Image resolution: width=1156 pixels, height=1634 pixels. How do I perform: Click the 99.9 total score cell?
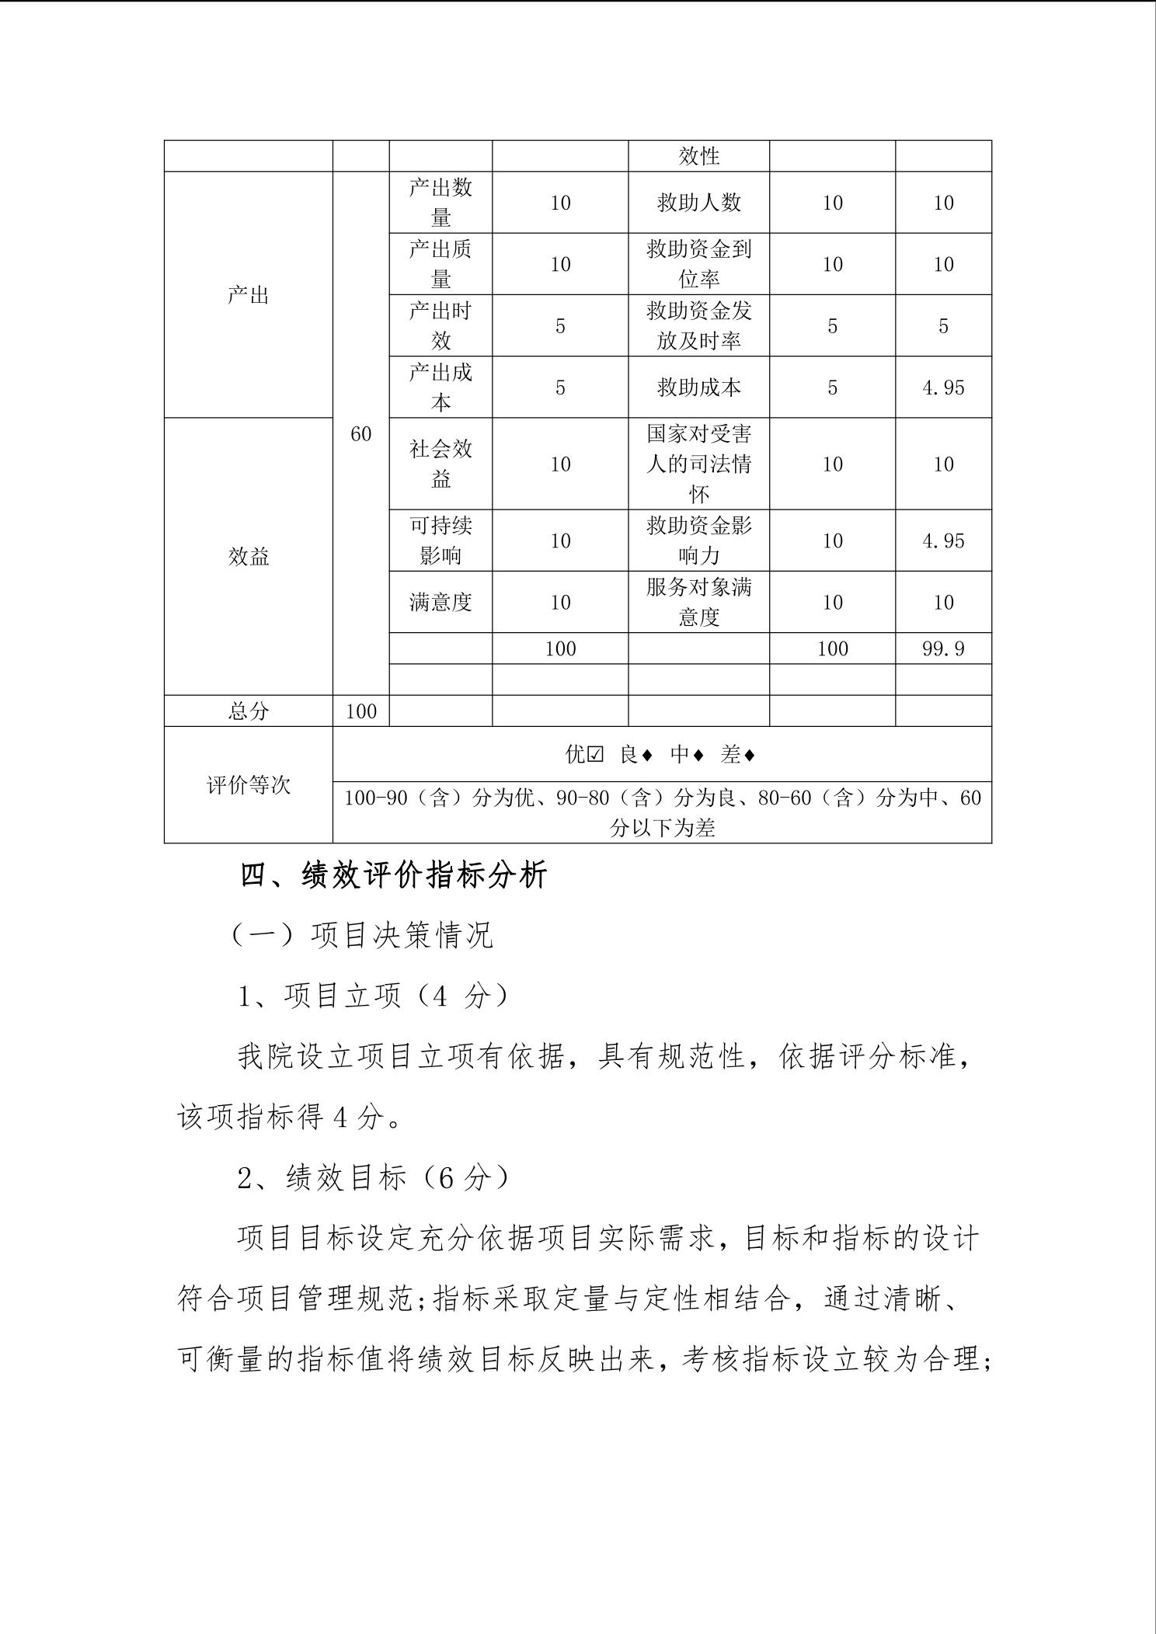click(943, 648)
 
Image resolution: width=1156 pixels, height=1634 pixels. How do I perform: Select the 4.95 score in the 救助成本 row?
click(943, 388)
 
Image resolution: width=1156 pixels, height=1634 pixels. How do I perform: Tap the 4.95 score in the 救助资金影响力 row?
click(943, 541)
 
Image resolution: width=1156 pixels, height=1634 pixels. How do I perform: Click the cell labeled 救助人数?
click(698, 203)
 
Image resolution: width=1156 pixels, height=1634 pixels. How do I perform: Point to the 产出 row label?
click(248, 295)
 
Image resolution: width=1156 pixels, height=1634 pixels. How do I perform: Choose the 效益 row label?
click(248, 557)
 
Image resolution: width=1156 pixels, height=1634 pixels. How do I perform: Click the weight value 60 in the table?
click(360, 434)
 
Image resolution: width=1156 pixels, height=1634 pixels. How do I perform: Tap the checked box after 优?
click(596, 755)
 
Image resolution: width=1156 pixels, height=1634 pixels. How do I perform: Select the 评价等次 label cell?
click(248, 785)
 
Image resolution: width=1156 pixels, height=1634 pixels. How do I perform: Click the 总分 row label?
click(248, 711)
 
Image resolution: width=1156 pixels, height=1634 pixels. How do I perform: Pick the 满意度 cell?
click(440, 603)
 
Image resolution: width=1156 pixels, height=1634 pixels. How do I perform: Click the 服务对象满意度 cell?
click(698, 603)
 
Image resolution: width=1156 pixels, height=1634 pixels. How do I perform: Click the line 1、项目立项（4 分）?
click(373, 996)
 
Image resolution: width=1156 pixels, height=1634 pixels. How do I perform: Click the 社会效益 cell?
click(440, 464)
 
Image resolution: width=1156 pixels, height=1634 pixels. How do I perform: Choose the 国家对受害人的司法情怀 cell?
click(698, 464)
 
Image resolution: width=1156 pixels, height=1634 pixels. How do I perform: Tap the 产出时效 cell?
click(440, 326)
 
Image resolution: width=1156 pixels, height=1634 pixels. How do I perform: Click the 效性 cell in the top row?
click(698, 156)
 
